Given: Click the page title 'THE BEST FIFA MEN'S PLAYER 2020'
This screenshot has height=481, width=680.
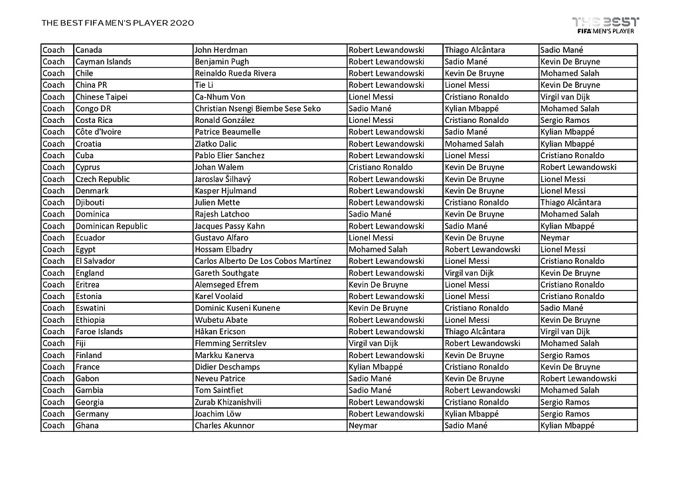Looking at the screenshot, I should pos(118,23).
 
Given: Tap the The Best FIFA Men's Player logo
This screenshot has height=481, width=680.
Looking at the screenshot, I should pos(605,25).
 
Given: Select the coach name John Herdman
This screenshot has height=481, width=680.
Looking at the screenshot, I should pos(221,50).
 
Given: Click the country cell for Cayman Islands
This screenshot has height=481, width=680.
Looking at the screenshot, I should pos(103,62).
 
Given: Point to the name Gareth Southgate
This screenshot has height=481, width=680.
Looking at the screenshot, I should pos(226,273).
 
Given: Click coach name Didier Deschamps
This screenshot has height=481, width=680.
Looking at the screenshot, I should pos(227,367).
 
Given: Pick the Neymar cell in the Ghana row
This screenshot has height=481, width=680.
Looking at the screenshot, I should pos(363,426).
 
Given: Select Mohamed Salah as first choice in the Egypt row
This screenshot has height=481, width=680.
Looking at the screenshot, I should pos(378,250).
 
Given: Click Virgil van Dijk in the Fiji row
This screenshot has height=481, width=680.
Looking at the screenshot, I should pos(375,343).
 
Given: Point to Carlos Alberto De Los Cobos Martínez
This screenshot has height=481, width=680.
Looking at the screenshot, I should pos(262,261).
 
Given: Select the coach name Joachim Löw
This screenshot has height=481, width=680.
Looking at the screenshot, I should pos(221,414).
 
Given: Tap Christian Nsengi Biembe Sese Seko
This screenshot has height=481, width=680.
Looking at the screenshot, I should pos(258,108).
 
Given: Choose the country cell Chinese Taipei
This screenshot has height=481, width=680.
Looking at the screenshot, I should pos(101,97).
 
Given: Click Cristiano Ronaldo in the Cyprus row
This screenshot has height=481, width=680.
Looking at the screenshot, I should pos(381,167).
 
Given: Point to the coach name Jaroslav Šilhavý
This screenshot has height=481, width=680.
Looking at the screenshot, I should pos(222,179).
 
